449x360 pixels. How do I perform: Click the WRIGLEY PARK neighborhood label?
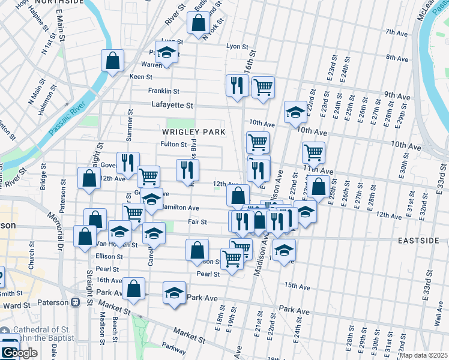[193, 131]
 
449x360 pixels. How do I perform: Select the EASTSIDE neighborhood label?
[418, 240]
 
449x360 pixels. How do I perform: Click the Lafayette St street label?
[172, 105]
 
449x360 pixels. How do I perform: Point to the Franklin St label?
[163, 91]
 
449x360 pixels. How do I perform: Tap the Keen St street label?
[141, 77]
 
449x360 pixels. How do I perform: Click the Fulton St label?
[173, 144]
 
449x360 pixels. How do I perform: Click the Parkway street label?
[173, 346]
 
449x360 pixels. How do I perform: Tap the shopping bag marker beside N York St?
[198, 23]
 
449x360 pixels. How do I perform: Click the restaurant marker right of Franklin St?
[237, 85]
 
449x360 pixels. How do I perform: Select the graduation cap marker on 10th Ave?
[295, 112]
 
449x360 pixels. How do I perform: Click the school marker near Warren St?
[167, 52]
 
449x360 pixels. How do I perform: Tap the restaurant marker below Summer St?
[128, 163]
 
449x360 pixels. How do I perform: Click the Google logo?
[19, 353]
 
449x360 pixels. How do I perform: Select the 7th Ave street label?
[397, 32]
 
